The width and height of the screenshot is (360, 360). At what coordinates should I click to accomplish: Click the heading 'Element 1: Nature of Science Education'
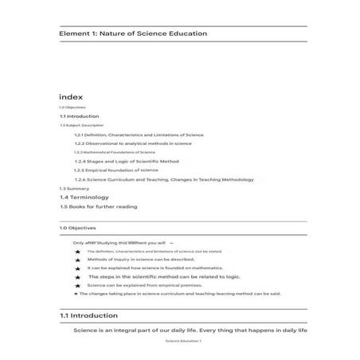(x=133, y=33)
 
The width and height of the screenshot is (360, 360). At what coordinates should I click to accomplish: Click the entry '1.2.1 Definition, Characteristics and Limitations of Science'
(x=139, y=135)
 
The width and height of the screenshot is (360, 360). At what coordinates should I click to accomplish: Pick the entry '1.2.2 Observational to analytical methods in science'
(x=132, y=143)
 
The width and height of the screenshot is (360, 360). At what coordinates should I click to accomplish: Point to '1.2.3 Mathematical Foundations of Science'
(x=114, y=152)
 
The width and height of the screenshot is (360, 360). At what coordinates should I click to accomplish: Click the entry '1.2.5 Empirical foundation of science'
(x=115, y=170)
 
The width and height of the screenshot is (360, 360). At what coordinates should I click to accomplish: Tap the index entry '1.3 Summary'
(x=70, y=188)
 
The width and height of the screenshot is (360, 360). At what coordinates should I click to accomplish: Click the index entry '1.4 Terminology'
(x=84, y=197)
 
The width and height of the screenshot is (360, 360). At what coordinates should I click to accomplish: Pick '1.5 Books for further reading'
(x=98, y=206)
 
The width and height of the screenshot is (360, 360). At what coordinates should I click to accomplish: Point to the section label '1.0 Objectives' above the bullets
(x=76, y=228)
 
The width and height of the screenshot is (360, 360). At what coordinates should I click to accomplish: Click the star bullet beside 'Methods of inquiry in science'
(x=77, y=260)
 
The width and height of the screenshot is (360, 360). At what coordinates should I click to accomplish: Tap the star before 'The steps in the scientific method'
(x=77, y=277)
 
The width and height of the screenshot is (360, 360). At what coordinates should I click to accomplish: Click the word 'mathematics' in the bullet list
(x=206, y=268)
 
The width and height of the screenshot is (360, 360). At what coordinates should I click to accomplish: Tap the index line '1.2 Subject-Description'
(x=81, y=125)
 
